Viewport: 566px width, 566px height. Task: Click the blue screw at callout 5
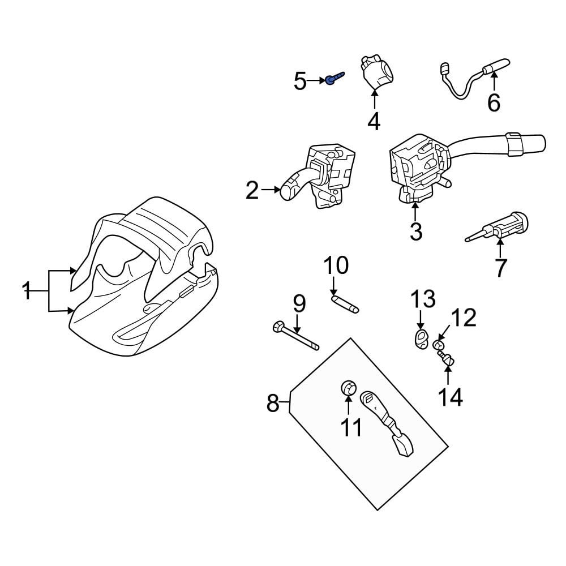point(335,78)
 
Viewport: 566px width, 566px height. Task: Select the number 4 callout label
point(374,122)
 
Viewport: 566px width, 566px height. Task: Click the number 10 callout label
point(336,265)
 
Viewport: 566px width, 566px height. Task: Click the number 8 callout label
point(273,403)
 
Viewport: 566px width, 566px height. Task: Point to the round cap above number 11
point(348,388)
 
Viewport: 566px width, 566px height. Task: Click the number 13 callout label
point(423,299)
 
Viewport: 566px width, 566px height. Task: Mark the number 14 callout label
point(451,397)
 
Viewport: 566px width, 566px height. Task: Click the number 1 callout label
point(27,291)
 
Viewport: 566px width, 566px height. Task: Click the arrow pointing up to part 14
point(448,375)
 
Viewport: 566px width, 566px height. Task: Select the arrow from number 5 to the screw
point(316,81)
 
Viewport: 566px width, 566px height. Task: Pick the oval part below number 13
point(421,338)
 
